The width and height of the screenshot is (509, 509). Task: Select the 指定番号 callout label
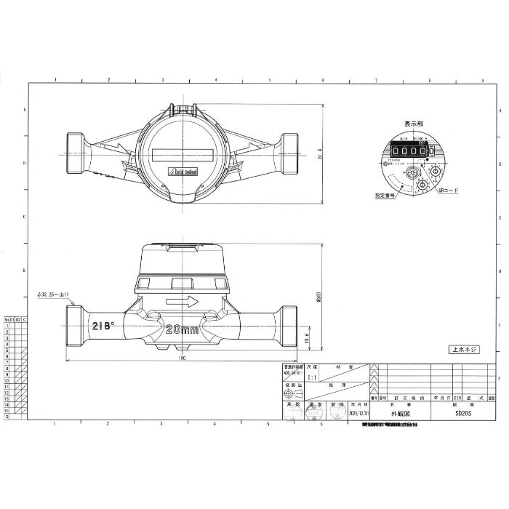coord(385,194)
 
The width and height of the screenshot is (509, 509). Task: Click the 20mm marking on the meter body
coord(182,329)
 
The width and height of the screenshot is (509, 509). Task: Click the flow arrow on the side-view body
coord(182,300)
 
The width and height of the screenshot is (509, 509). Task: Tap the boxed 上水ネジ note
coord(463,349)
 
